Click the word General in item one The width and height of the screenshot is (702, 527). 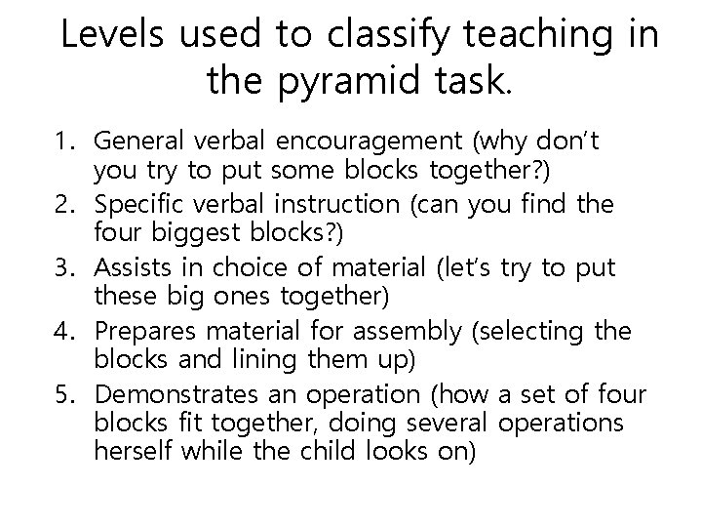pyautogui.click(x=140, y=143)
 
